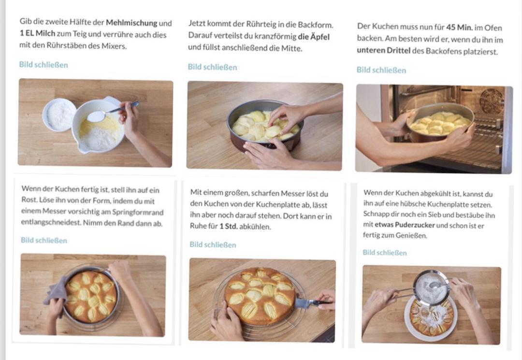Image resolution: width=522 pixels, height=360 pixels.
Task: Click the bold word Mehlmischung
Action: coord(131,23)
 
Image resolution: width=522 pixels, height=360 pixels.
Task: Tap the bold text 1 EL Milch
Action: coord(37,34)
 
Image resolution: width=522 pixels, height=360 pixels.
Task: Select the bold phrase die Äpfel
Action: coord(314,37)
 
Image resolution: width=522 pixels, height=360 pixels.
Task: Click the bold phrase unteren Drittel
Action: coord(383,51)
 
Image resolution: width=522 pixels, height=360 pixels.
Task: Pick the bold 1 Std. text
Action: coord(228,227)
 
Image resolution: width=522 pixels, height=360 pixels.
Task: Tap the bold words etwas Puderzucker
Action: coord(405,225)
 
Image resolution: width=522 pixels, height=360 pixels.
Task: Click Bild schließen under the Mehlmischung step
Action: coord(43,65)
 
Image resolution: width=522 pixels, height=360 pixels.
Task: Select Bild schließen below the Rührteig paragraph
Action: coord(212,67)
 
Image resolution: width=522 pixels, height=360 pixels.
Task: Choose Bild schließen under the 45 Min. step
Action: coord(381,70)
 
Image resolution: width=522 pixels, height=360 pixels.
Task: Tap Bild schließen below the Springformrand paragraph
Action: coord(43,240)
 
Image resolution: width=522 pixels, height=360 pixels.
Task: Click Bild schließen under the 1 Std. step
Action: coord(213,245)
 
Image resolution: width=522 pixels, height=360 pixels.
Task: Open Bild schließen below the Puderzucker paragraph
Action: coord(385,253)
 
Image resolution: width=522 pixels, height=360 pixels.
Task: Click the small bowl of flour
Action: coord(59,115)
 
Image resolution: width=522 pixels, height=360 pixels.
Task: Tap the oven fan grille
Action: coord(492,100)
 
